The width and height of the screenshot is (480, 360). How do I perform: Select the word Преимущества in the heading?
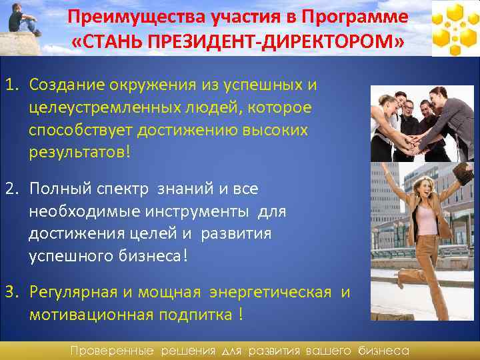[x=125, y=16]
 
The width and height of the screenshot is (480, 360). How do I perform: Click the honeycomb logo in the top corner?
[x=455, y=28]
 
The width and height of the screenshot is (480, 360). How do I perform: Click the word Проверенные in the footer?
[x=111, y=351]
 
